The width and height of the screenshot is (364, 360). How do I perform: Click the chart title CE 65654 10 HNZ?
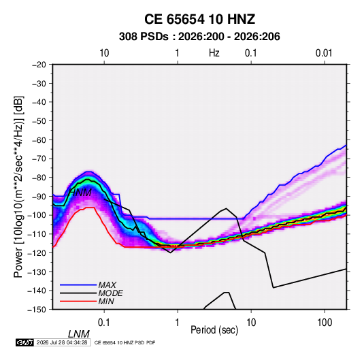point(199,19)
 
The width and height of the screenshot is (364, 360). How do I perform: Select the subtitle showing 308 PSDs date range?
point(199,37)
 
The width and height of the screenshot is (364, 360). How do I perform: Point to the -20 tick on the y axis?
point(39,65)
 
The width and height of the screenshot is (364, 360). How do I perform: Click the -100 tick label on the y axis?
point(37,215)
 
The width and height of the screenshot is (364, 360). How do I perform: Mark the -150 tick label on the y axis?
point(37,310)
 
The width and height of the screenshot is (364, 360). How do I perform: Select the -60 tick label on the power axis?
point(39,140)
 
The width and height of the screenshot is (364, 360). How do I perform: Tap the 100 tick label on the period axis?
point(325,323)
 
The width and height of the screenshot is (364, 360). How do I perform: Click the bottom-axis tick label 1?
point(177,323)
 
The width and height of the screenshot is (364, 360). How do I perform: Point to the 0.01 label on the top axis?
point(324,53)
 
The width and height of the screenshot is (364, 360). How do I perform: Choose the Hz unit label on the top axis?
point(214,53)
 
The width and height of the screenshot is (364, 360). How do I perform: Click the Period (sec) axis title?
point(214,330)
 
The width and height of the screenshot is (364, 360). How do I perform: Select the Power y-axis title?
point(18,186)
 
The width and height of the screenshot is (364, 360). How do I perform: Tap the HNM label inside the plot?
point(80,193)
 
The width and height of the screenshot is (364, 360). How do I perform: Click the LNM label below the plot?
point(78,334)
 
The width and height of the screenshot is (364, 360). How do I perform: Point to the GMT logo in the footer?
point(24,342)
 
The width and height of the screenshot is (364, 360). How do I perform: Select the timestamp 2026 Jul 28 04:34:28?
point(62,342)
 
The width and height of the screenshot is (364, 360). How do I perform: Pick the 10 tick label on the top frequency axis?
point(104,53)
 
